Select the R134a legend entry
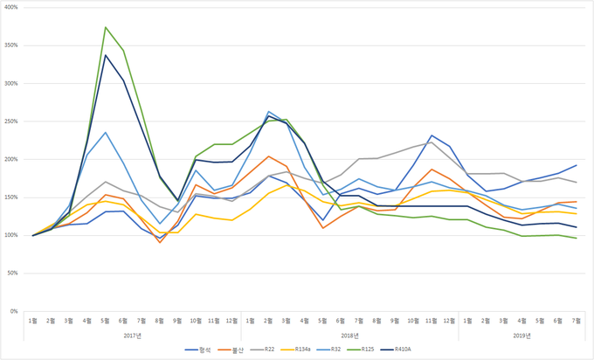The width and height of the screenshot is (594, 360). coord(309,350)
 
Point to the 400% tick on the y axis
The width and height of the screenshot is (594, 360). coord(13,7)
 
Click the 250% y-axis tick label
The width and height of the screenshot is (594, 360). coord(13,121)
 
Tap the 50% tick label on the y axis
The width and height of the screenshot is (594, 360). coord(15,273)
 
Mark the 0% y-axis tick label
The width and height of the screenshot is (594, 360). coord(17,312)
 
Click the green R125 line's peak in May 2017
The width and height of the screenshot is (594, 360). coord(106,27)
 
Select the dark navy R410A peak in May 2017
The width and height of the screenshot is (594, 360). coord(106,55)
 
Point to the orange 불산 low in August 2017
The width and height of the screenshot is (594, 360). coord(160,243)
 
